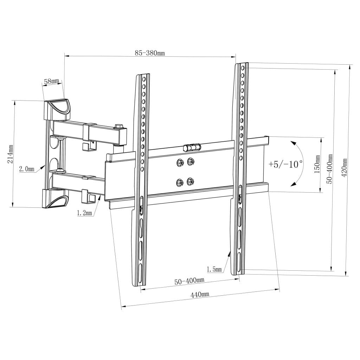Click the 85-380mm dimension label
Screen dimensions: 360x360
(x=150, y=53)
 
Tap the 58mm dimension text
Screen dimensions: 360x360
(x=51, y=82)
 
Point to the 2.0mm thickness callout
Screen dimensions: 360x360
(x=26, y=169)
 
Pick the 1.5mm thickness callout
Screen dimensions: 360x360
(x=214, y=269)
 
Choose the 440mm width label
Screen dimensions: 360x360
(x=200, y=295)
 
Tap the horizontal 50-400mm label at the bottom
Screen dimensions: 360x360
(x=189, y=281)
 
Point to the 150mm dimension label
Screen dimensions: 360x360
(x=317, y=165)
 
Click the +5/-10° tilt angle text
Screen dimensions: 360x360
(x=285, y=164)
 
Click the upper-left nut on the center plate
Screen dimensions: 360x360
(x=179, y=162)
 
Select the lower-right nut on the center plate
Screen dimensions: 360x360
(x=191, y=182)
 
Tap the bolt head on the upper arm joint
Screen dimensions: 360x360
(x=118, y=125)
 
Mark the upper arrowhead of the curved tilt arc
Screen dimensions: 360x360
(x=292, y=143)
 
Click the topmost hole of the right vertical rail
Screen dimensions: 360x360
(x=242, y=67)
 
